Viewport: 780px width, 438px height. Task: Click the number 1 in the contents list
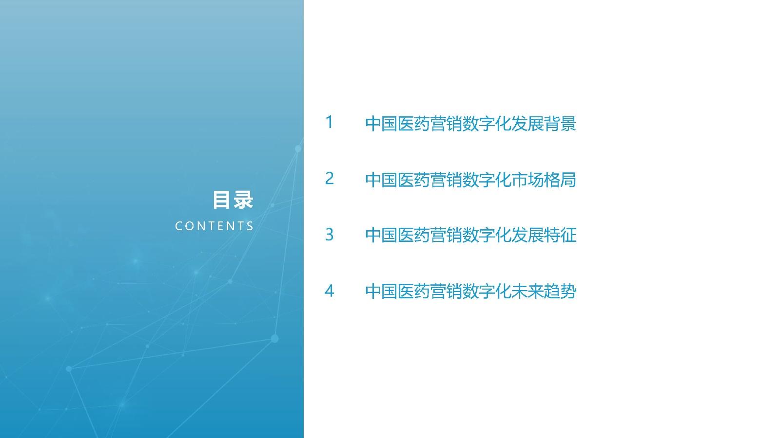click(x=329, y=122)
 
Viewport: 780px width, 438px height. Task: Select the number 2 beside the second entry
click(x=329, y=178)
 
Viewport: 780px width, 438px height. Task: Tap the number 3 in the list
click(x=329, y=235)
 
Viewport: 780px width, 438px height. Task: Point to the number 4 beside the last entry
click(x=329, y=291)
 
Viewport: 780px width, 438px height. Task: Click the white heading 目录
click(x=233, y=200)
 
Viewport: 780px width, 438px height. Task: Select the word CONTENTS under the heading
click(x=214, y=226)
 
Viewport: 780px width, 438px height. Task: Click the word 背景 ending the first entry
click(x=560, y=124)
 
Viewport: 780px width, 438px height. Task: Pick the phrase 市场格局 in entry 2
click(x=544, y=180)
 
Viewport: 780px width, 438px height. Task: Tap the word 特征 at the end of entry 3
click(x=560, y=235)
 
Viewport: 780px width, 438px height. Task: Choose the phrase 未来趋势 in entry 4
click(x=544, y=292)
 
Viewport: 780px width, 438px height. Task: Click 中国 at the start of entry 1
click(x=381, y=124)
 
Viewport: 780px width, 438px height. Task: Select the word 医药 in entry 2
click(x=414, y=180)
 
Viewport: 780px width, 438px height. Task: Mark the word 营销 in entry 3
click(x=446, y=235)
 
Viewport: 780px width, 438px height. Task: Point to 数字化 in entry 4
click(x=487, y=292)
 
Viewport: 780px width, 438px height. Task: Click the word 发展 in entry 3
click(x=527, y=235)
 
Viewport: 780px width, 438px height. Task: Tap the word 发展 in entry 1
click(x=527, y=124)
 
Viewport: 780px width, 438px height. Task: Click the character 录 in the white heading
click(x=243, y=200)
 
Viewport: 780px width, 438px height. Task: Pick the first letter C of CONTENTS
click(x=178, y=226)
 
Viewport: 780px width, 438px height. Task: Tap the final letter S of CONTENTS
click(x=250, y=226)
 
